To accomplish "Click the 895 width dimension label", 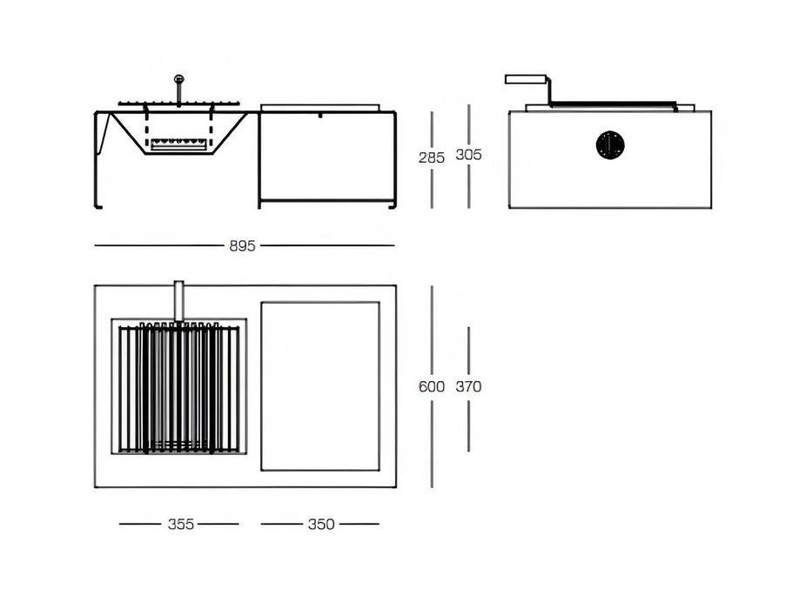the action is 242,245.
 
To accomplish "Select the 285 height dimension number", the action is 432,157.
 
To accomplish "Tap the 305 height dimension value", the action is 468,154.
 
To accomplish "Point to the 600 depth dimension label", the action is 432,386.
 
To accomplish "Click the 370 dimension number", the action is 468,386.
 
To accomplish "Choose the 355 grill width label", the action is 181,524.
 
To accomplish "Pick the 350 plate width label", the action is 321,524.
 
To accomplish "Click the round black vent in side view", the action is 610,144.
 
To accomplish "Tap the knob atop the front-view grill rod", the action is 179,78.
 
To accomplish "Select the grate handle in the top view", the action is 178,301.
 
